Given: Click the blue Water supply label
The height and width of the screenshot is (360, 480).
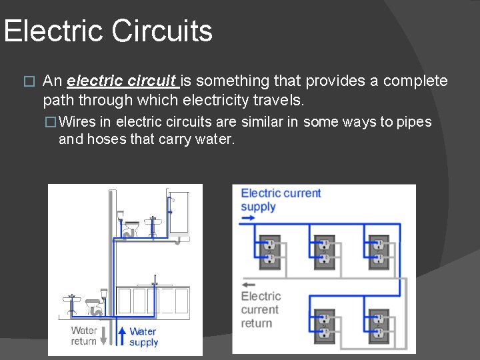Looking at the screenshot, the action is click(x=143, y=337).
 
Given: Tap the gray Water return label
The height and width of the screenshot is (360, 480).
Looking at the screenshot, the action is click(x=84, y=335).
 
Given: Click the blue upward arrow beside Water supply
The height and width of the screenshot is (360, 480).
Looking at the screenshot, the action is click(x=122, y=335).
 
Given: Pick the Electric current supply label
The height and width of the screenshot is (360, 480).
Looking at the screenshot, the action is click(x=280, y=199).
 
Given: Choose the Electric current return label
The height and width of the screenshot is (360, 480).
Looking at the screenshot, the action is click(x=260, y=309).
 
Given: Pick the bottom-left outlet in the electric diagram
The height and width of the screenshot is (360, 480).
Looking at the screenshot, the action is click(x=325, y=324).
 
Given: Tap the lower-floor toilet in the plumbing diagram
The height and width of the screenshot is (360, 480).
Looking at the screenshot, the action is click(x=94, y=305).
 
